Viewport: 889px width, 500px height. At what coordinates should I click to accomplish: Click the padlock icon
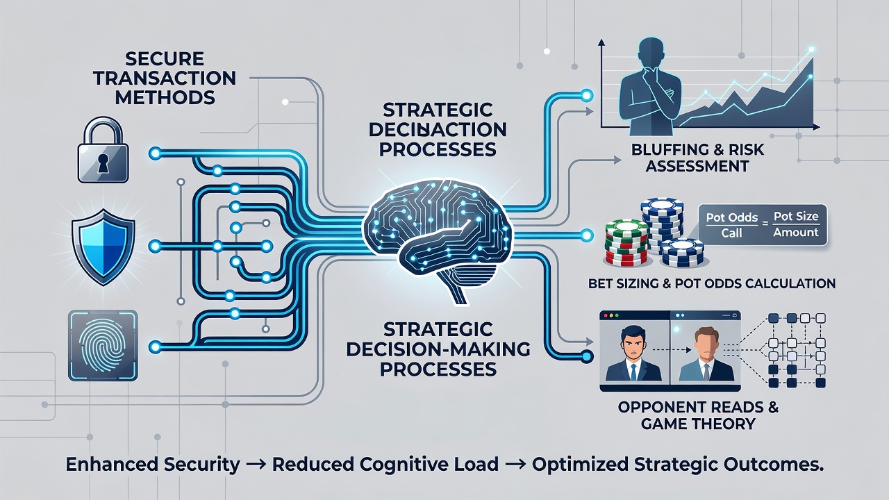[103, 150]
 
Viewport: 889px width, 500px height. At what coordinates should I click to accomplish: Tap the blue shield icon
[103, 247]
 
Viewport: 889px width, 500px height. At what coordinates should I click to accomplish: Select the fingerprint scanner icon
[103, 346]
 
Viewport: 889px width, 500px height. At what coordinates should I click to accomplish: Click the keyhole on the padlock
[103, 162]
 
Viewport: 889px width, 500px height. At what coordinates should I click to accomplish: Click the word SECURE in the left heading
[165, 59]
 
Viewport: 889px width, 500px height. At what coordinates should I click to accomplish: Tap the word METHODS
[165, 98]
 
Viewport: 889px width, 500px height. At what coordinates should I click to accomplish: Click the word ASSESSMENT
[697, 166]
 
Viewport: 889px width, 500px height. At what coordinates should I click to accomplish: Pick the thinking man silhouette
[651, 87]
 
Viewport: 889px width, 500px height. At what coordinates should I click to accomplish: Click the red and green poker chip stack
[626, 243]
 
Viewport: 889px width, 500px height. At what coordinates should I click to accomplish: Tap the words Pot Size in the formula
[796, 217]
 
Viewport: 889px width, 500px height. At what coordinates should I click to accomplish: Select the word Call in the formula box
[731, 233]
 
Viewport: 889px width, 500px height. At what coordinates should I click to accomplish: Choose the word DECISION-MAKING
[438, 349]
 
